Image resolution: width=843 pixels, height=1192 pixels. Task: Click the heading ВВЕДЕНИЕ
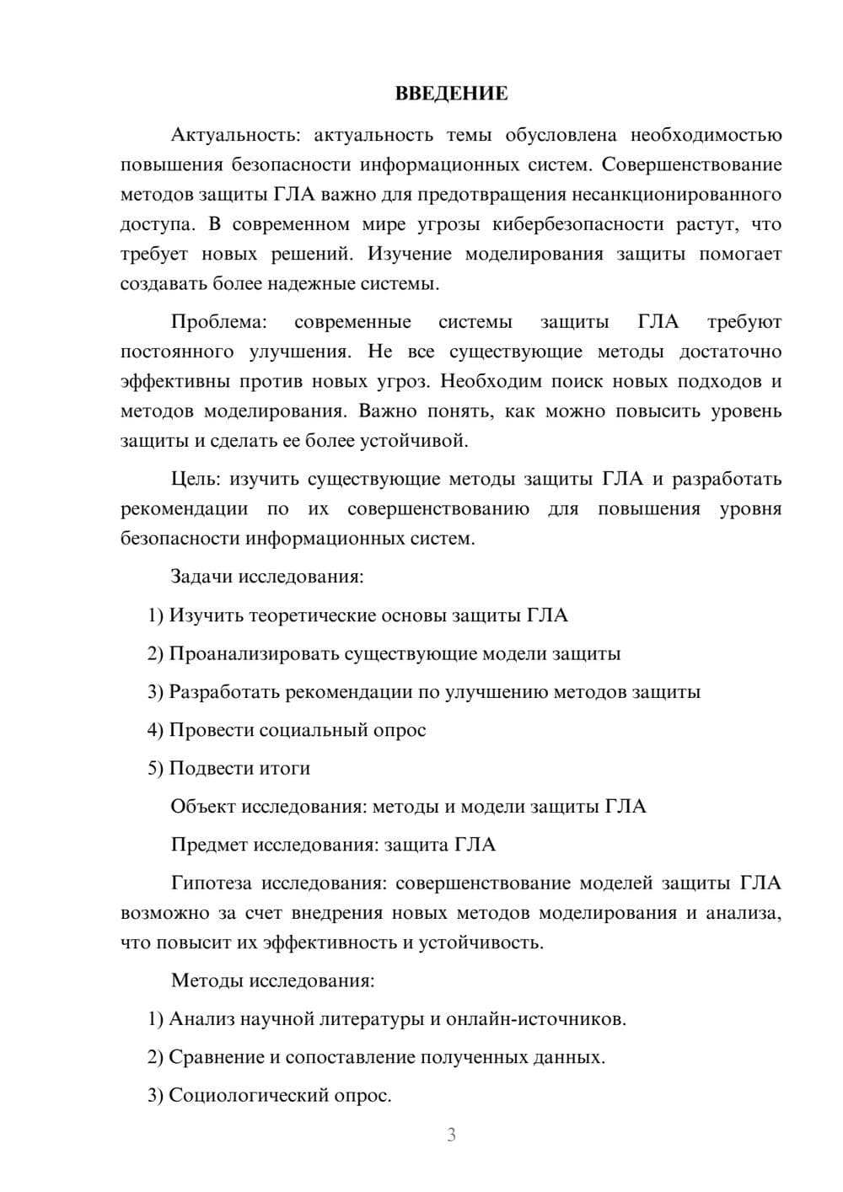(x=451, y=94)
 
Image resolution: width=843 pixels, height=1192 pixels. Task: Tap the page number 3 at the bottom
(x=451, y=1135)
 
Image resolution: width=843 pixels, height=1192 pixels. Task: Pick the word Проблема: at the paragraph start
(x=218, y=322)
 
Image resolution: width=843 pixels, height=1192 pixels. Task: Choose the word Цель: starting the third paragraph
(x=196, y=480)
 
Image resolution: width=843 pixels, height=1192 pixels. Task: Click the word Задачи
(x=202, y=577)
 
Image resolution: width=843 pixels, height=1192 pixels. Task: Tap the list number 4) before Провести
(x=155, y=730)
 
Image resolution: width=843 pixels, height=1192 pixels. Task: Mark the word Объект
(x=203, y=807)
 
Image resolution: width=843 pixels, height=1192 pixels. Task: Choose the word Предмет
(x=209, y=845)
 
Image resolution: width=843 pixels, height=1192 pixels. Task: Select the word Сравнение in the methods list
(x=217, y=1057)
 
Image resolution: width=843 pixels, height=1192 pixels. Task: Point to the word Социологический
(x=242, y=1096)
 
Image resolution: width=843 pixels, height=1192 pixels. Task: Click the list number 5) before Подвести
(x=155, y=768)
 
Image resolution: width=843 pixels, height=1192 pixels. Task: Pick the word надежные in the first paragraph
(x=314, y=284)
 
